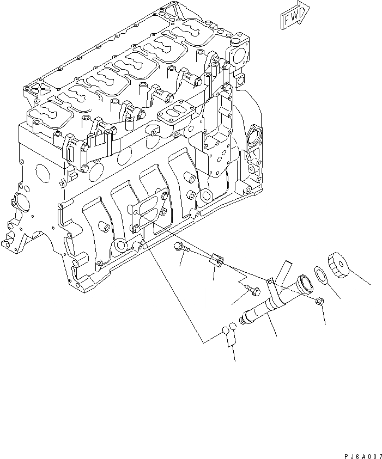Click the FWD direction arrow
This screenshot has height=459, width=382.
click(x=295, y=16)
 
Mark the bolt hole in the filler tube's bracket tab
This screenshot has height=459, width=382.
click(x=269, y=281)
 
